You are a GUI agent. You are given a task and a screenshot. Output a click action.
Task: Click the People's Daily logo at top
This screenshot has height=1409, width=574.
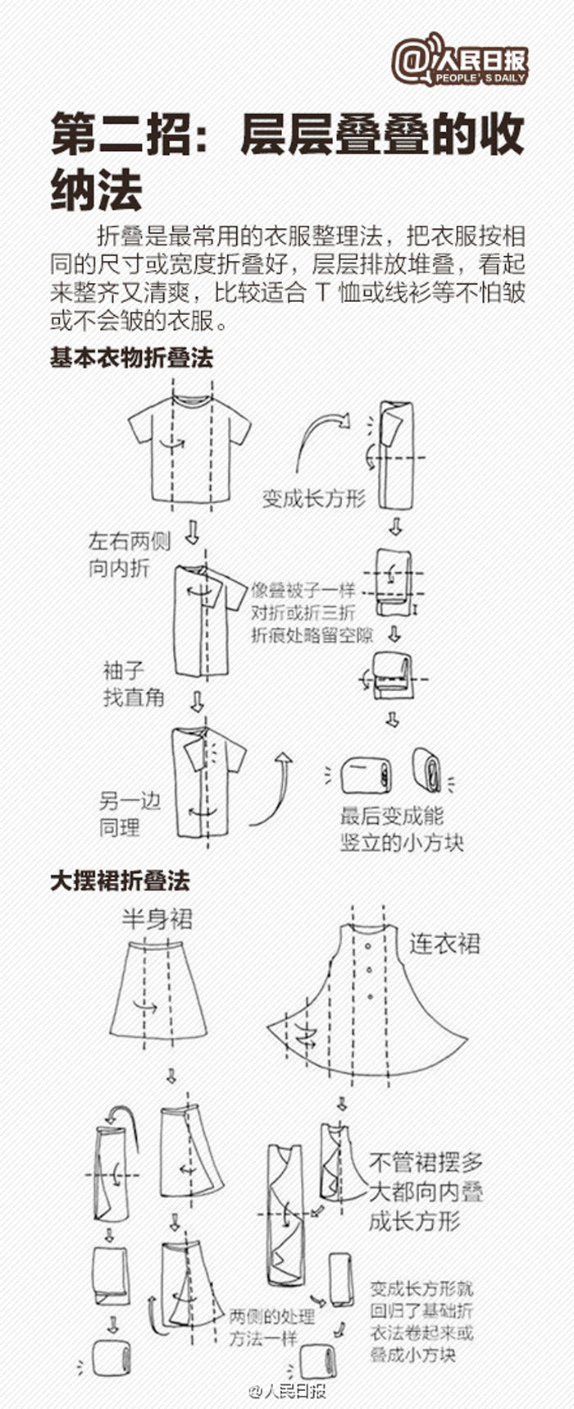pos(459,61)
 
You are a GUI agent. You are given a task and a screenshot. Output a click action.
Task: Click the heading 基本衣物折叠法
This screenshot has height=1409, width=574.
pos(131,359)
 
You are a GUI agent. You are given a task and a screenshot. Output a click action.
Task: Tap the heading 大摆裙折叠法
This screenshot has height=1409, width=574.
pos(120,881)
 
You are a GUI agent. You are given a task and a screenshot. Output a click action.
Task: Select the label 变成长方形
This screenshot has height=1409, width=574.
pos(313,498)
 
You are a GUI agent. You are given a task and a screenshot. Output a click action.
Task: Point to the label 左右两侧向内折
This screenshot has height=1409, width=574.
pos(130,554)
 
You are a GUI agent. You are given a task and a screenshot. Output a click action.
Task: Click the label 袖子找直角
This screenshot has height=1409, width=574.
pos(134,684)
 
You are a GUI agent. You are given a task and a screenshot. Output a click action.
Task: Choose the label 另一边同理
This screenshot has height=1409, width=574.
pos(130,814)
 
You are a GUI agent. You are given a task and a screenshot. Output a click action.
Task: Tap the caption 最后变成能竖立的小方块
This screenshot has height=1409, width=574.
pos(402,829)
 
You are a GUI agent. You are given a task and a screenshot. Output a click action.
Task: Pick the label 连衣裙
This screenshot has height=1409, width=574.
pos(444,944)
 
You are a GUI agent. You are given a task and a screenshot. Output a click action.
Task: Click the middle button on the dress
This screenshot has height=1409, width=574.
pos(371,972)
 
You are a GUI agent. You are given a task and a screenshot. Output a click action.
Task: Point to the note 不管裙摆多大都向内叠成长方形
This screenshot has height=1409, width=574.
pos(425,1192)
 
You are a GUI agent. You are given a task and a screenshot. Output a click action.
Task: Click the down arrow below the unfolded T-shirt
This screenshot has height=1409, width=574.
pos(192,532)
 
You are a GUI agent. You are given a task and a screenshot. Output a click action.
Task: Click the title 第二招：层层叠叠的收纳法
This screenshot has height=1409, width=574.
pos(287,161)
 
